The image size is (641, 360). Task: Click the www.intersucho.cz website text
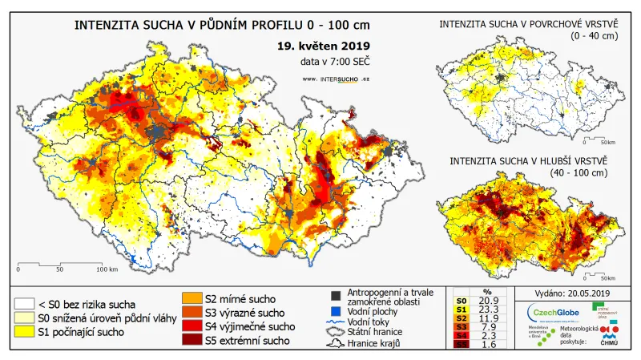pos(336,79)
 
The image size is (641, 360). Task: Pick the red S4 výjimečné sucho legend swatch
pos(192,326)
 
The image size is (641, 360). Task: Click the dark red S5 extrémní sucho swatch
pos(192,340)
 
